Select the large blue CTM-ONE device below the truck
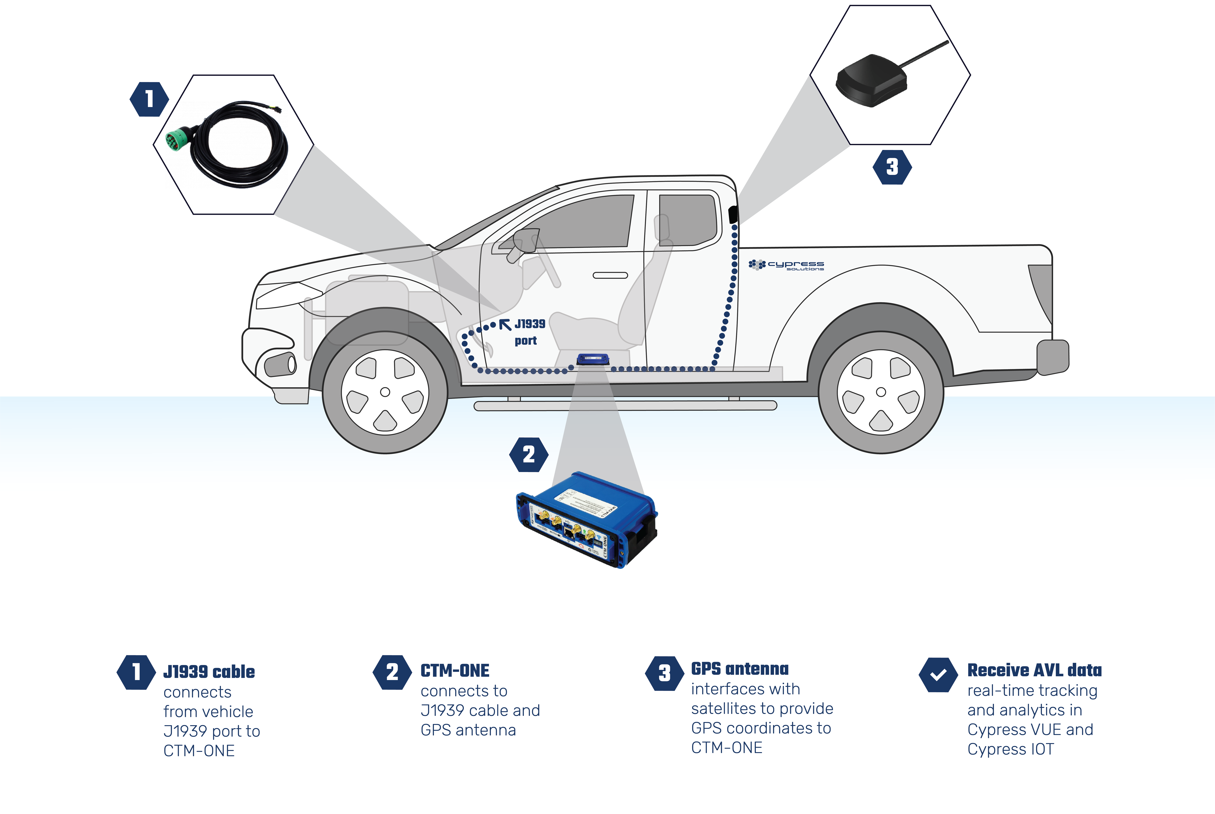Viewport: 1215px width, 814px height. coord(587,519)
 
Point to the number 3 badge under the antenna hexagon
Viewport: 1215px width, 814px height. coord(892,167)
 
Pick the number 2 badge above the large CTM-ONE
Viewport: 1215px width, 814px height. coord(528,455)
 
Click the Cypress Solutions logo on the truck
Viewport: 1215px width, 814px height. coord(786,265)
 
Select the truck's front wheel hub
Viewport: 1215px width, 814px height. coord(385,392)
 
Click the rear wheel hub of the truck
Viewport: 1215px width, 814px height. coord(881,392)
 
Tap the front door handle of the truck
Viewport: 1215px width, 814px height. coord(610,275)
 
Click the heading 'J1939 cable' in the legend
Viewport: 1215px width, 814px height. coord(209,672)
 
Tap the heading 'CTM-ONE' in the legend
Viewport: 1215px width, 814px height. coord(455,671)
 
